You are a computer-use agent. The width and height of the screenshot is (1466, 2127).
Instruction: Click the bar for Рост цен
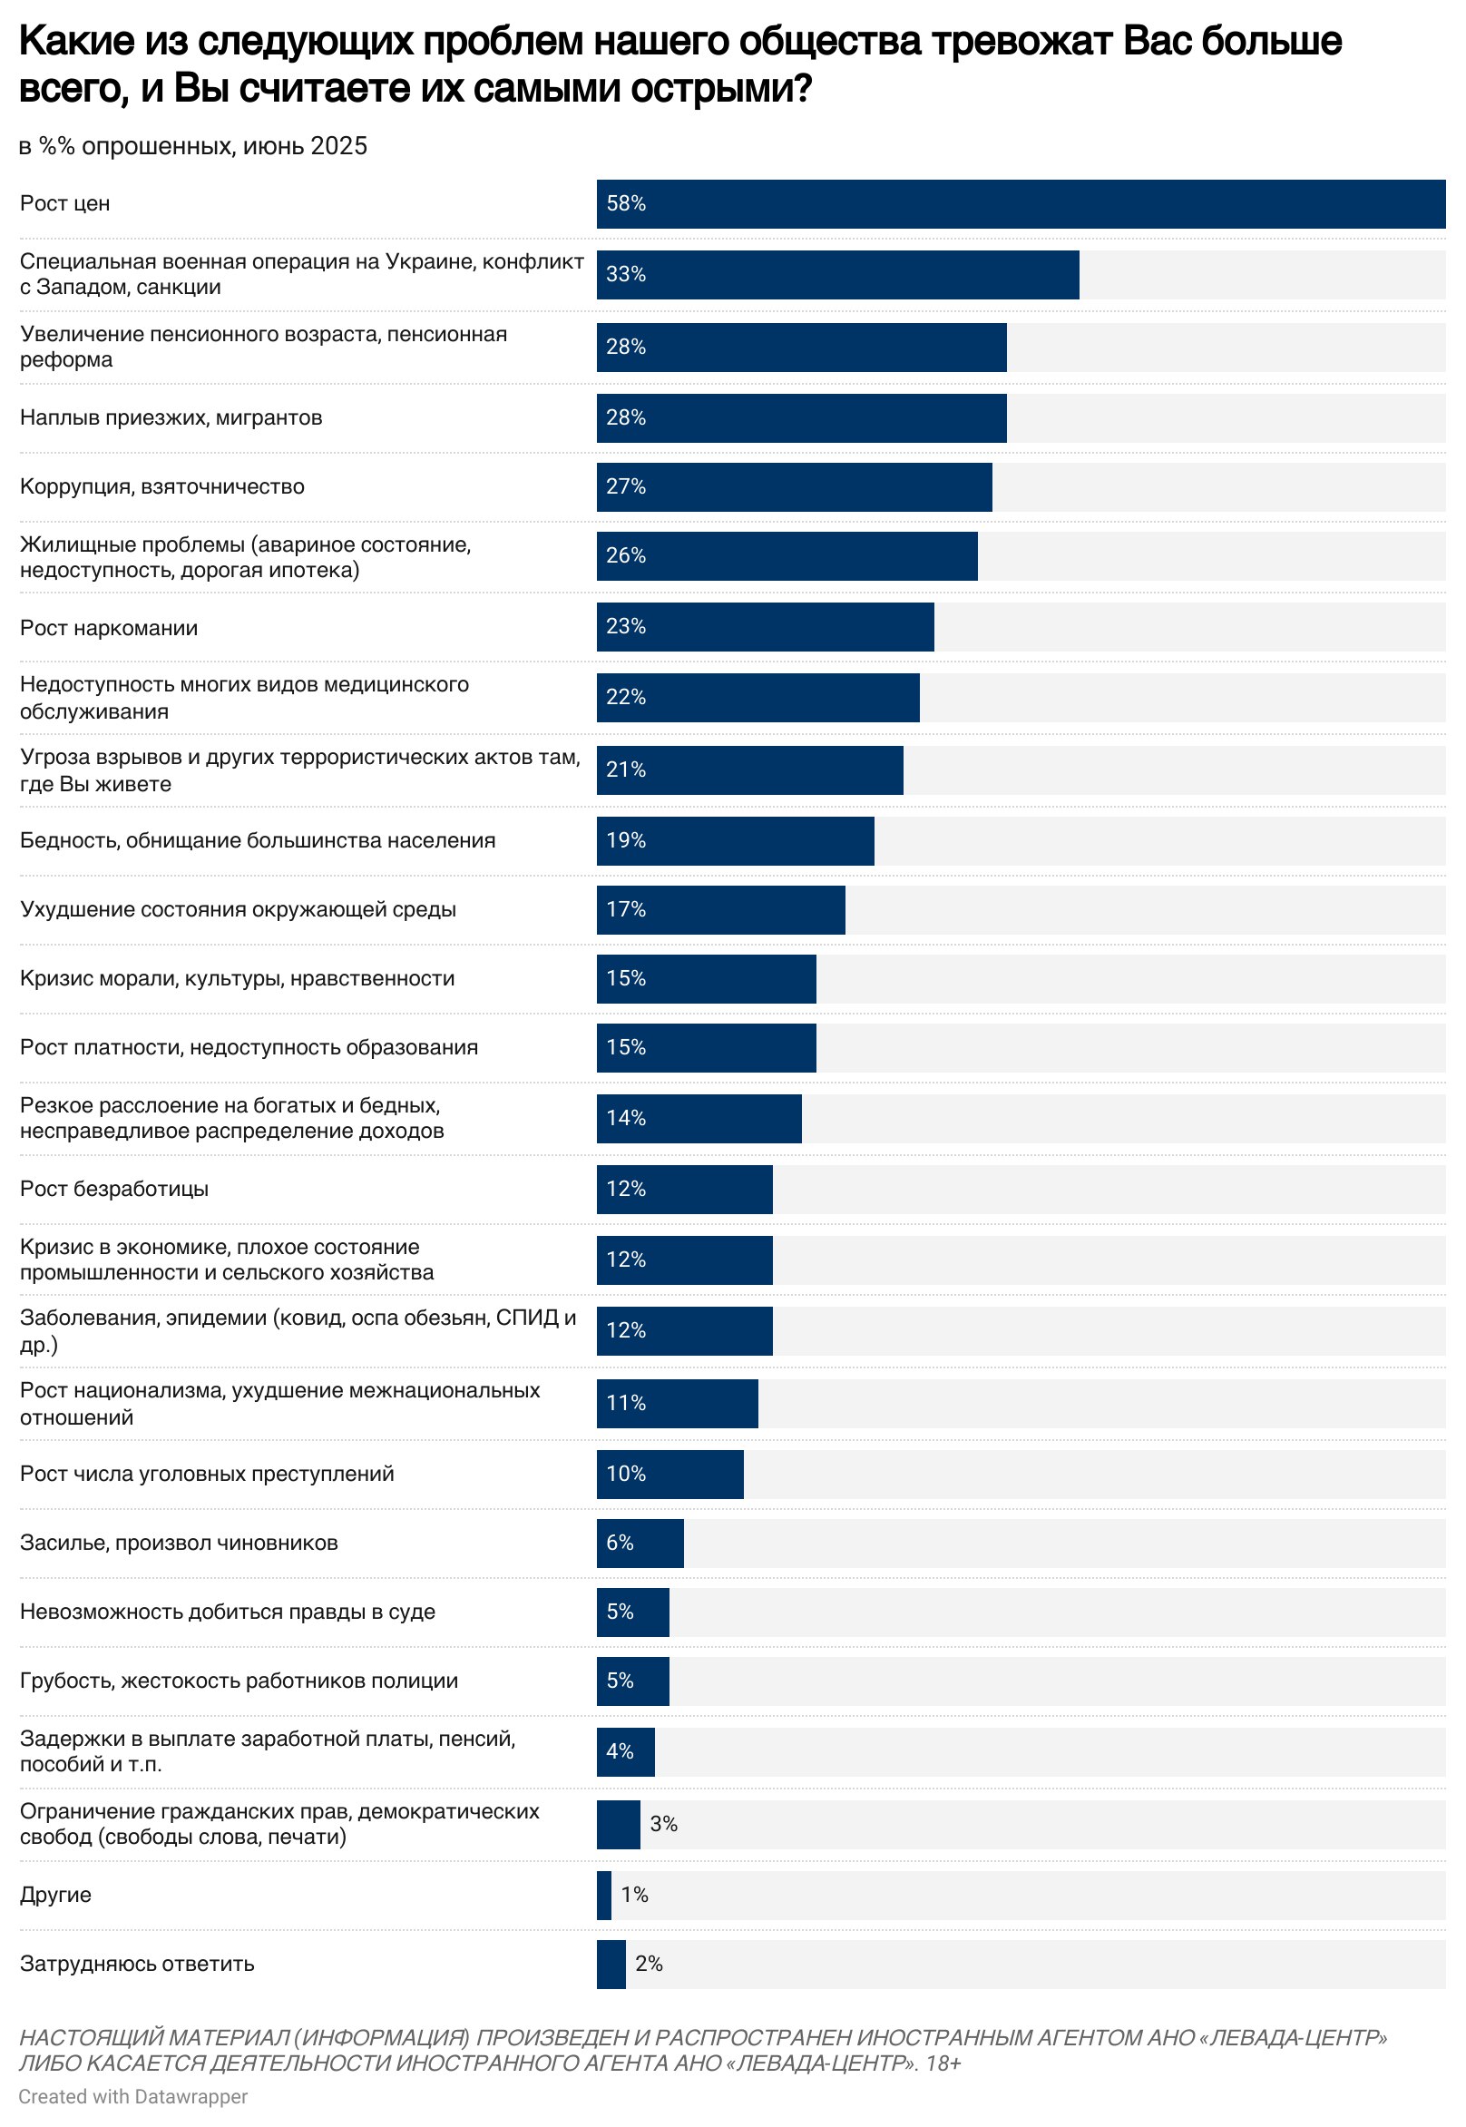tap(1020, 204)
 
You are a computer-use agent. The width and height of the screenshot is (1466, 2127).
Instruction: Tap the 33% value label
tap(626, 274)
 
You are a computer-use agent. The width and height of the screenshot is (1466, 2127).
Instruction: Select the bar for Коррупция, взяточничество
tap(794, 487)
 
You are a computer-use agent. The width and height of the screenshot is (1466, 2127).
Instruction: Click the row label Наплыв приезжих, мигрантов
tap(171, 418)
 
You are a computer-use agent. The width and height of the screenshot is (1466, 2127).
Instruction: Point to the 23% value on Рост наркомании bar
tap(626, 627)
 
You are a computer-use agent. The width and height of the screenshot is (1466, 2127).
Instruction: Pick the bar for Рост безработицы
tap(684, 1189)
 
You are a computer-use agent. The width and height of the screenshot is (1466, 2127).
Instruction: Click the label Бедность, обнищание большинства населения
tap(258, 840)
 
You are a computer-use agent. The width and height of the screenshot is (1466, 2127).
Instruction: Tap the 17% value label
tap(626, 909)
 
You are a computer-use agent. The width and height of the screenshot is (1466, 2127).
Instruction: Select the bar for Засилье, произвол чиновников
tap(640, 1543)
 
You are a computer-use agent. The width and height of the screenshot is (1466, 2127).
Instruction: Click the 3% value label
tap(663, 1824)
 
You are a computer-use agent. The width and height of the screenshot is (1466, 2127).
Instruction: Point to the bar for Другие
tap(603, 1895)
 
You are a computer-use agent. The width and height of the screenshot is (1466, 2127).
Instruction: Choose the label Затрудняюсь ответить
tap(137, 1964)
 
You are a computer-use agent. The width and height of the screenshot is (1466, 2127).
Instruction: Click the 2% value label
tap(649, 1964)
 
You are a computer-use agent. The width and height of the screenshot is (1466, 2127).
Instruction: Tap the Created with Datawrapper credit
tap(133, 2097)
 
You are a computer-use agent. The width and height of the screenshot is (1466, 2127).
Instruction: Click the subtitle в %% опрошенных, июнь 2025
tap(193, 146)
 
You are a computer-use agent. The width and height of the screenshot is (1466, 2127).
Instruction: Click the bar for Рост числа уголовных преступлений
tap(669, 1474)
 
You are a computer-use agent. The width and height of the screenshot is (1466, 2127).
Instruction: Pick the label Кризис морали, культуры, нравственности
tap(237, 978)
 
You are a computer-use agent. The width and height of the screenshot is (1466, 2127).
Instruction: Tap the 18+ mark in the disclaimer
tap(943, 2063)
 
